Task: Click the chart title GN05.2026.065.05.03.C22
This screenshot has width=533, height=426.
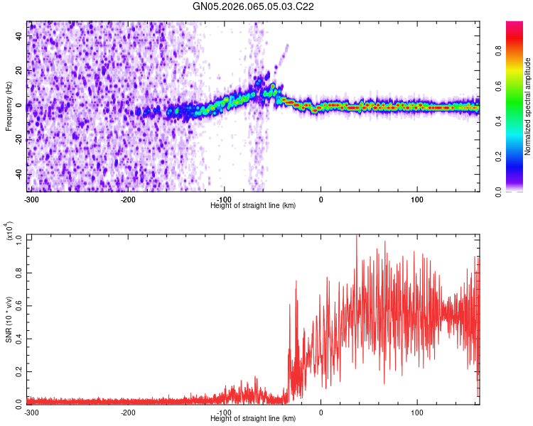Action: pos(254,7)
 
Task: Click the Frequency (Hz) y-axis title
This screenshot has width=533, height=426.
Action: pos(9,106)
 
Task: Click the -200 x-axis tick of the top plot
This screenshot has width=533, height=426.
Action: pos(128,199)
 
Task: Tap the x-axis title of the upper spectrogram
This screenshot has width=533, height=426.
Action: pos(253,205)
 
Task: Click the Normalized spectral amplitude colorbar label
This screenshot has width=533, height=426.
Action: pos(528,106)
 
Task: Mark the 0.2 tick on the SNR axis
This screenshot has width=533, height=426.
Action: pos(19,371)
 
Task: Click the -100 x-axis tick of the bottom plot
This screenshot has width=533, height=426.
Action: pos(225,411)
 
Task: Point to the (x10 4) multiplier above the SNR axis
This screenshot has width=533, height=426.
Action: pos(10,232)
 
